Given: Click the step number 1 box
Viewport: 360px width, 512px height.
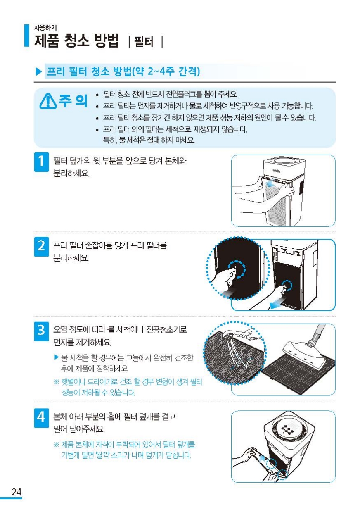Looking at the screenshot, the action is point(41,162).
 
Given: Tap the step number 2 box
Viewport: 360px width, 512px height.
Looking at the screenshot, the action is point(41,247).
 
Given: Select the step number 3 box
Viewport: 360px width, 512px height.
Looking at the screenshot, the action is point(41,331).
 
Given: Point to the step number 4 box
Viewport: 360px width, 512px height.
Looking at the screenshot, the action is point(41,418).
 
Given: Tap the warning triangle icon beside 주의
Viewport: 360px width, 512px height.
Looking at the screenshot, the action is point(48,101).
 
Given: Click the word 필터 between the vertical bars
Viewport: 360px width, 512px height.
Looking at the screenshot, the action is point(144,42).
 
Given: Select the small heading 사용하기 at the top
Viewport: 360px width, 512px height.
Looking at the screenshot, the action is point(45,28).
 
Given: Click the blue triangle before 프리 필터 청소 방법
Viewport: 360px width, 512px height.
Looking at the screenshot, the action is point(39,72).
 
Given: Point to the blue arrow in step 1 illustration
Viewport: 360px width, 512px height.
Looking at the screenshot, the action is point(274,183).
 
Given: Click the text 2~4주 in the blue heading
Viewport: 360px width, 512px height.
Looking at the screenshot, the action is point(161,71).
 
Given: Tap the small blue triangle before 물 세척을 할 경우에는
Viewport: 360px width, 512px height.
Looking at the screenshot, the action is point(57,357).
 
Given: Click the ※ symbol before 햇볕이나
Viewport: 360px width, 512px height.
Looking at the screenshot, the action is point(57,382).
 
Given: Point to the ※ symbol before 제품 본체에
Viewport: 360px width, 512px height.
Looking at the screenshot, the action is point(57,445).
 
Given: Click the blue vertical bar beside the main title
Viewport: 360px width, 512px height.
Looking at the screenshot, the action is point(27,36).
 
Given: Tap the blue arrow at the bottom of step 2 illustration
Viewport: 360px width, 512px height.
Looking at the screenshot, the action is point(277,304).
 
